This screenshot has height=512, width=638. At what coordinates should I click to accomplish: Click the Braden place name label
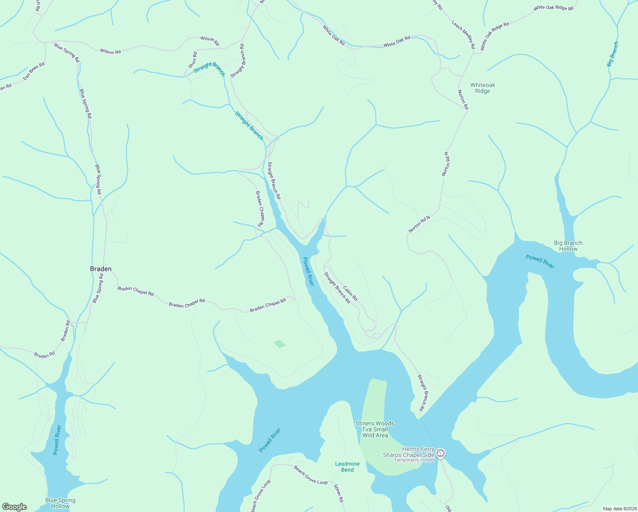(x=101, y=269)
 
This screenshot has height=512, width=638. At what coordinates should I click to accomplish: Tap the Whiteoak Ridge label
(x=483, y=88)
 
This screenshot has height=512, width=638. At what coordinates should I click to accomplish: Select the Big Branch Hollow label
(x=568, y=246)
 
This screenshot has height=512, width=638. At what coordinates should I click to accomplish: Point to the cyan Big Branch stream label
(x=612, y=54)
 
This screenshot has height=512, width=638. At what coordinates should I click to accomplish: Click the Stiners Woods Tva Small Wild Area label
(x=375, y=429)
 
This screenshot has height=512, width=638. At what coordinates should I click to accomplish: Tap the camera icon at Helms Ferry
(x=441, y=453)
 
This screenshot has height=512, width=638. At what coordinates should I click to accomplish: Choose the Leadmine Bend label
(x=347, y=467)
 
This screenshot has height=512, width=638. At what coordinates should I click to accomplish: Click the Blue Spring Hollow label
(x=60, y=503)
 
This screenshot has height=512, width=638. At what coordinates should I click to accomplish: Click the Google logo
(x=14, y=507)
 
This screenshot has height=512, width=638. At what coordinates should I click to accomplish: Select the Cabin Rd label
(x=350, y=293)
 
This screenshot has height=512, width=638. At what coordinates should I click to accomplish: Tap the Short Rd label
(x=193, y=60)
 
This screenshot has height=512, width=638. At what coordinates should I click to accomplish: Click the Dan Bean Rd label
(x=34, y=71)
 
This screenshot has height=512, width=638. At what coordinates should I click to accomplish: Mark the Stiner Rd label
(x=338, y=493)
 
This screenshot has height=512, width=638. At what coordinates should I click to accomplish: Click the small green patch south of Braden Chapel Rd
(x=279, y=343)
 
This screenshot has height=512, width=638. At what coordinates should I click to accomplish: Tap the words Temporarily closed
(x=414, y=460)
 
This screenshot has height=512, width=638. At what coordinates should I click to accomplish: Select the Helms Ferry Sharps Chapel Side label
(x=408, y=452)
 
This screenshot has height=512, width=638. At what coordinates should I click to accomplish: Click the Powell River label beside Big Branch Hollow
(x=540, y=262)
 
